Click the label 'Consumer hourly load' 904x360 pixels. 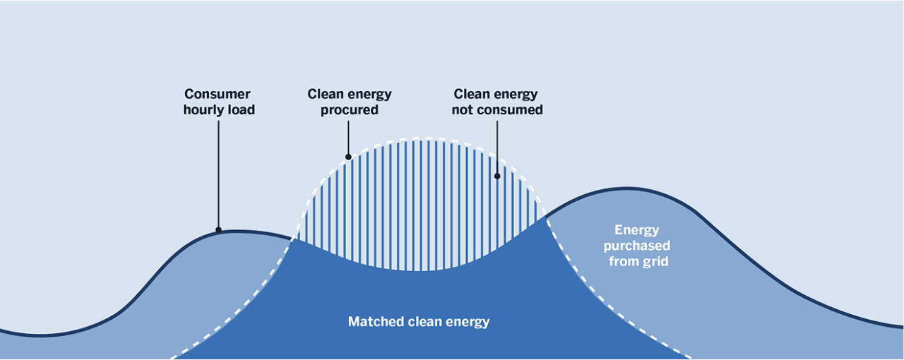218,102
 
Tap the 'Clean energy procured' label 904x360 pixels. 349,102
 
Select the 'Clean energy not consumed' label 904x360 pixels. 497,102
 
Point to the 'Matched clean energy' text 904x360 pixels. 418,322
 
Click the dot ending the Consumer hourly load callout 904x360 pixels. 218,229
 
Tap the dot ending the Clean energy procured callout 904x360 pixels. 348,157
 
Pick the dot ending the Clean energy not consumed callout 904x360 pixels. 497,176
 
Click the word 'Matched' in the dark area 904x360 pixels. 376,322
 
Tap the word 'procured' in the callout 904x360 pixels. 349,110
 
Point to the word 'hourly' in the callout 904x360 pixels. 203,110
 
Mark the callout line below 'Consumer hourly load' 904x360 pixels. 218,173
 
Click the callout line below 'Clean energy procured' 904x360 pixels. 348,137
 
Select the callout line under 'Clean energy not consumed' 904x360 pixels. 497,146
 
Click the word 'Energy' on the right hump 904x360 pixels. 636,230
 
